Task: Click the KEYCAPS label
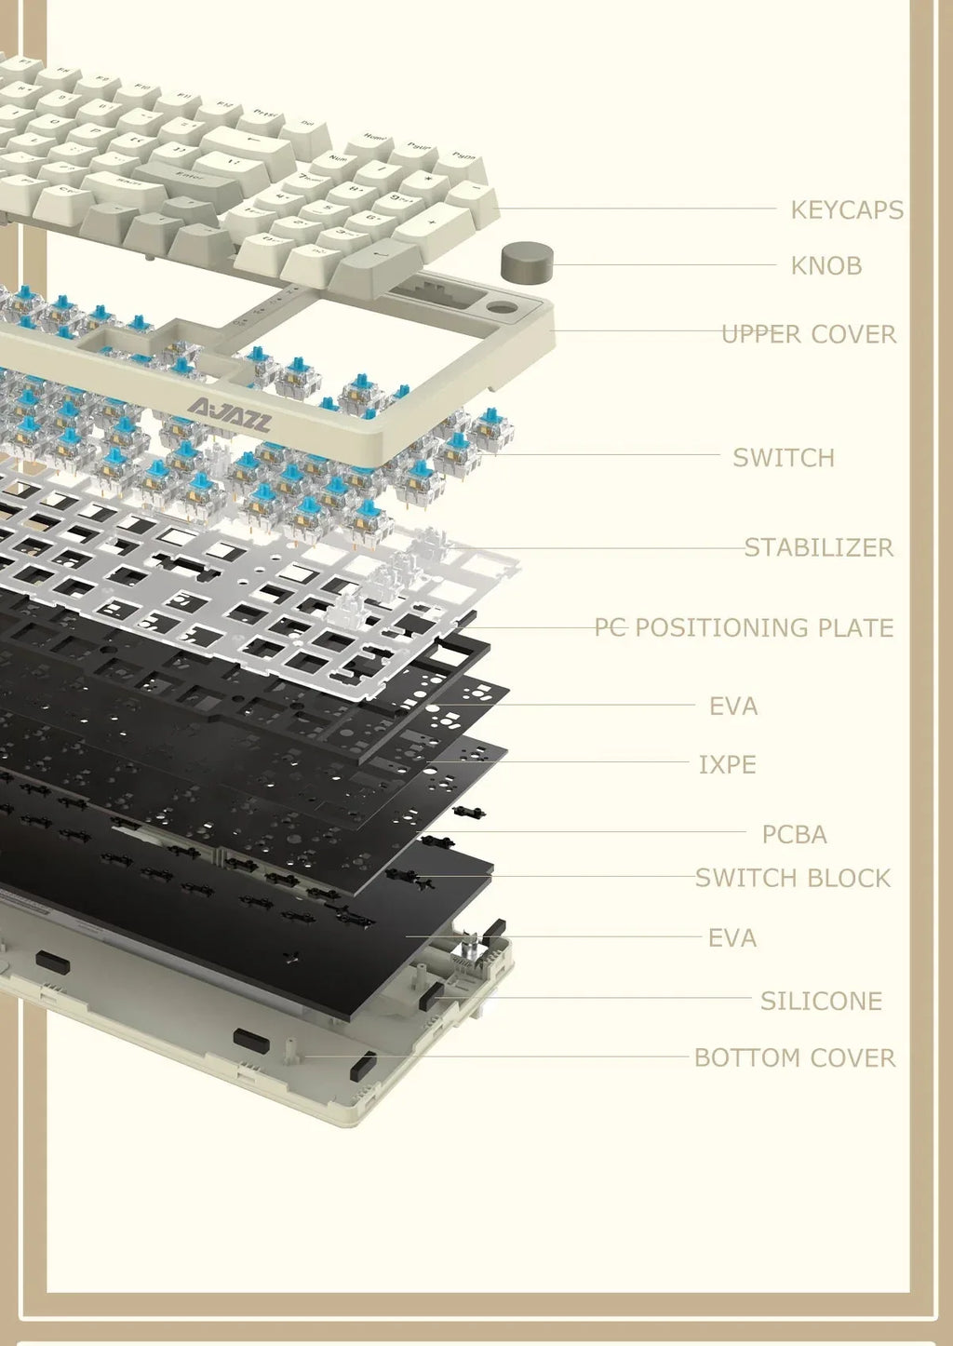pos(846,210)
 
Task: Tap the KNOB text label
pos(825,266)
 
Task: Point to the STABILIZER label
pos(818,547)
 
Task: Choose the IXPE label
pos(727,765)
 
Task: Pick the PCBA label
pos(794,835)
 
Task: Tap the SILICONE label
pos(820,1002)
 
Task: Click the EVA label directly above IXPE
pos(732,707)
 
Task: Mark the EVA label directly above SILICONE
pos(732,938)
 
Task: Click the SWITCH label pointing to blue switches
pos(783,458)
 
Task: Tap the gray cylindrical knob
pos(527,262)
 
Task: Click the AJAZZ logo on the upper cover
pos(229,416)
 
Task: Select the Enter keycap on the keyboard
pos(189,174)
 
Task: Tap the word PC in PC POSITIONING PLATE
pos(610,628)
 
